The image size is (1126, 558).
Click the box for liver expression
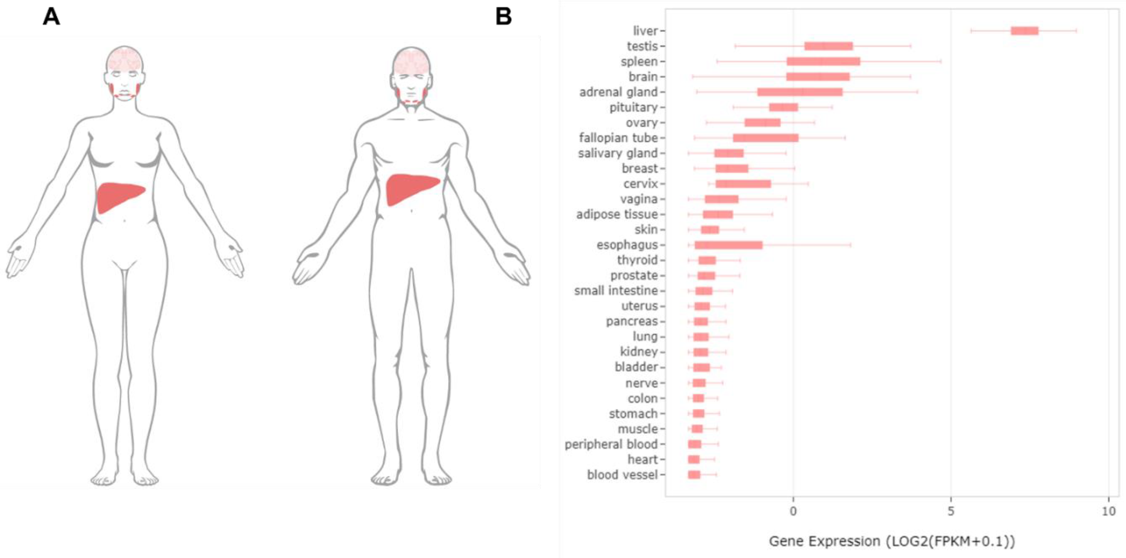pos(1024,30)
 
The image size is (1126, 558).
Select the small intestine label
pos(615,291)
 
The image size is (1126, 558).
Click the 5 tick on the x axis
pos(951,511)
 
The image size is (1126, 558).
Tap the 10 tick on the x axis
pos(1108,511)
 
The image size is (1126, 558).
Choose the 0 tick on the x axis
pos(793,511)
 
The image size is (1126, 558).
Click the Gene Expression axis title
pos(892,541)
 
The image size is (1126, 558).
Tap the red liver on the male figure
pos(409,188)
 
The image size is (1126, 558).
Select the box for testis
pos(828,46)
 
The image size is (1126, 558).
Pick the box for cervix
pos(743,184)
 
